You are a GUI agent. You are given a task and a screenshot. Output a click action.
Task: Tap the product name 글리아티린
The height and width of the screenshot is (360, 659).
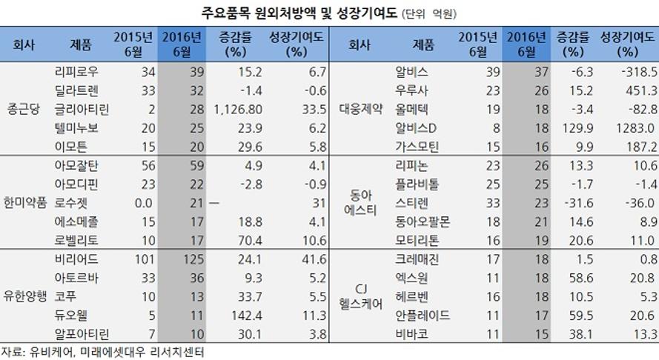point(82,109)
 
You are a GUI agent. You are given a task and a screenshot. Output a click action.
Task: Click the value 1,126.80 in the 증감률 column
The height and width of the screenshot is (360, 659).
point(231,109)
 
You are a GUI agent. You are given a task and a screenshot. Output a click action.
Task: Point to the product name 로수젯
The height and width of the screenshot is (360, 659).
point(71,202)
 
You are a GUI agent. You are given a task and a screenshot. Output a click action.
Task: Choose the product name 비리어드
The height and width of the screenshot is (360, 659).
point(76,259)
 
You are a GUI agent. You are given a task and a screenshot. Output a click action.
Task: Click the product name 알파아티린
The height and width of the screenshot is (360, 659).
point(82,333)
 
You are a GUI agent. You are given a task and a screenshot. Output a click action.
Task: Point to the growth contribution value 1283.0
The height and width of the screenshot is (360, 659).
point(620,128)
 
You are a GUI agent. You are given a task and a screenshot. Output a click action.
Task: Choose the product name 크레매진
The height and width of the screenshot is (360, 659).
point(418,259)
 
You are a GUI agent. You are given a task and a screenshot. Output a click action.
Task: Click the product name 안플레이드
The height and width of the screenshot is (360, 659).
point(424,314)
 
